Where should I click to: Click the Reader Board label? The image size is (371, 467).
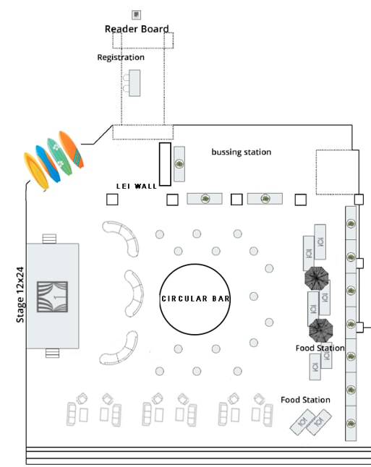pyautogui.click(x=137, y=29)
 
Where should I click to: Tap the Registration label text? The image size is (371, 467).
pyautogui.click(x=121, y=57)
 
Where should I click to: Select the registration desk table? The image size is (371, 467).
pyautogui.click(x=135, y=83)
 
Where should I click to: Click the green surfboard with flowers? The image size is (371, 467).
pyautogui.click(x=59, y=156)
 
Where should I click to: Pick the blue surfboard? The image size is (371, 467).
pyautogui.click(x=48, y=163)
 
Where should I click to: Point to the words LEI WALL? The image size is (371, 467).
pyautogui.click(x=137, y=187)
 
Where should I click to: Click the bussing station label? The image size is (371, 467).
pyautogui.click(x=242, y=152)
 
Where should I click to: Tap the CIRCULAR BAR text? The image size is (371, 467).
pyautogui.click(x=195, y=299)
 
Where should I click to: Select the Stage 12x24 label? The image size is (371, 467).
pyautogui.click(x=20, y=294)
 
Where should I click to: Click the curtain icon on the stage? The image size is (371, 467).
pyautogui.click(x=53, y=296)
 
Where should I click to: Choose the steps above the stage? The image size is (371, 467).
pyautogui.click(x=49, y=239)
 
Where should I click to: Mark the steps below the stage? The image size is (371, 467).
pyautogui.click(x=53, y=354)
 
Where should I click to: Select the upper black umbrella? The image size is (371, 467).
pyautogui.click(x=317, y=278)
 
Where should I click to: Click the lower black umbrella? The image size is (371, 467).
pyautogui.click(x=320, y=330)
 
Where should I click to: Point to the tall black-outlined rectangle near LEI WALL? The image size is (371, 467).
pyautogui.click(x=165, y=164)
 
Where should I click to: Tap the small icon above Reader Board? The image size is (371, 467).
pyautogui.click(x=137, y=14)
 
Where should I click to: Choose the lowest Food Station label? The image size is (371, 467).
pyautogui.click(x=305, y=400)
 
